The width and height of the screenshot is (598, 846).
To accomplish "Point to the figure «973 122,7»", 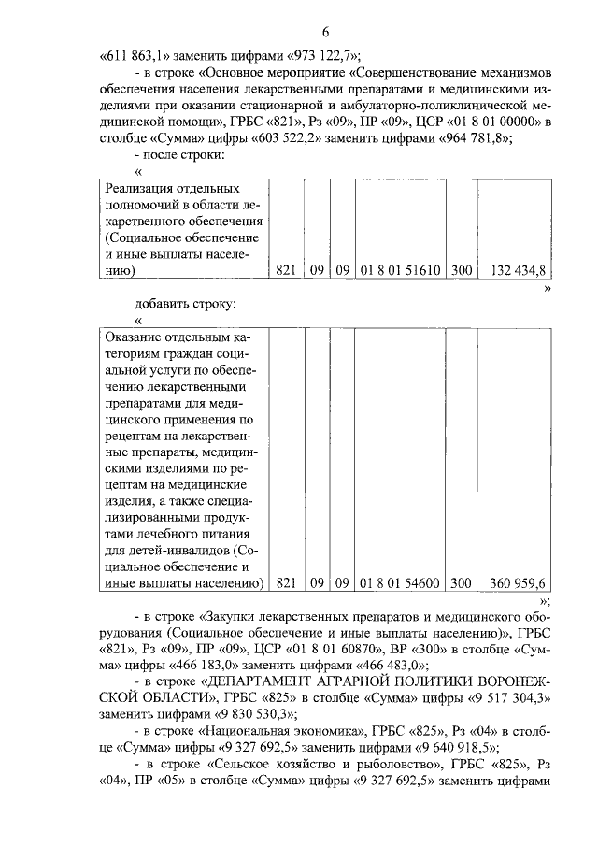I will pyautogui.click(x=322, y=53).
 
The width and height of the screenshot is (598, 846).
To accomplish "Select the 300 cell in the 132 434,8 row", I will pyautogui.click(x=460, y=270).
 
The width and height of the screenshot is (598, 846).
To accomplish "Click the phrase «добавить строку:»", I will pyautogui.click(x=186, y=304).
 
